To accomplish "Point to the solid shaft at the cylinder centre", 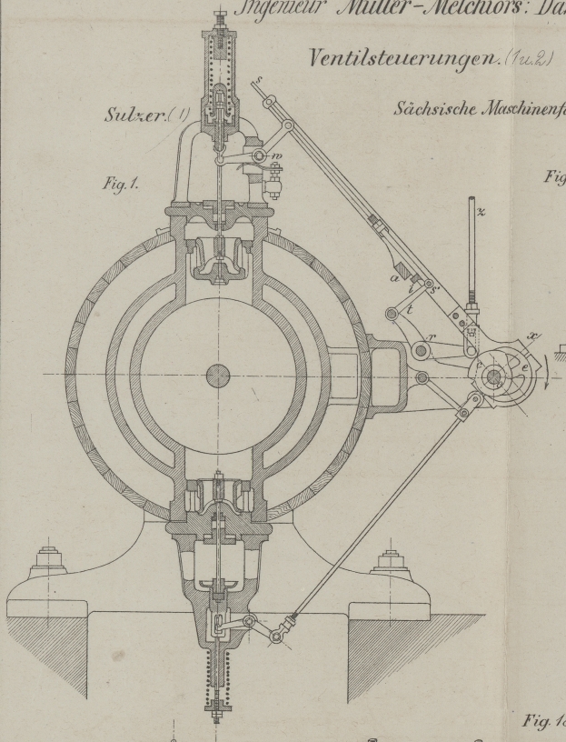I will (x=217, y=374).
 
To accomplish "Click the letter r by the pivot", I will (x=431, y=336).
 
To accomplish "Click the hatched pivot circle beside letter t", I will (x=392, y=315).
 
